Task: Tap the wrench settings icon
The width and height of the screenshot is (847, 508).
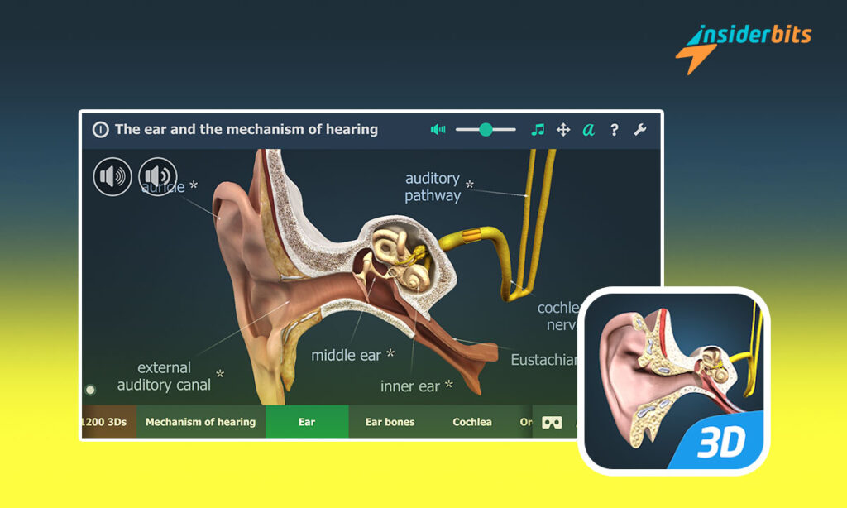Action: click(639, 129)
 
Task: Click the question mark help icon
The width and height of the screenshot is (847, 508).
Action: click(614, 129)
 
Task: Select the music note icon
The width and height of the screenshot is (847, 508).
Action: click(538, 129)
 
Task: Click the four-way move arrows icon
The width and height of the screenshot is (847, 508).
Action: click(563, 129)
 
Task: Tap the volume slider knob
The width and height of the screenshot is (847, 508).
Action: click(486, 129)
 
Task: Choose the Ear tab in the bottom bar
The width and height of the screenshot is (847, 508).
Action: click(307, 422)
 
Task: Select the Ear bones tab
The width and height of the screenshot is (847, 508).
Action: click(390, 422)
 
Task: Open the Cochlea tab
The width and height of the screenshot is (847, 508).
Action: click(472, 422)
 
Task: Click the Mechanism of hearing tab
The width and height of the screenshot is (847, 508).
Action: click(200, 422)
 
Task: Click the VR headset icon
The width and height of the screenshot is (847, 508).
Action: click(552, 422)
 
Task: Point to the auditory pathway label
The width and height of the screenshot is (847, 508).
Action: click(433, 187)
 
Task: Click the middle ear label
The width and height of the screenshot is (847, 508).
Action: click(346, 356)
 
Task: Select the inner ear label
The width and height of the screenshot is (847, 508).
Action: click(411, 386)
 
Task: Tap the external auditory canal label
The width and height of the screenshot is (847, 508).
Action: click(164, 376)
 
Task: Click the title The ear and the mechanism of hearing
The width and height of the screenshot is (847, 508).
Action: click(246, 129)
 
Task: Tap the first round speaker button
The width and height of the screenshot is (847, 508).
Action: click(112, 176)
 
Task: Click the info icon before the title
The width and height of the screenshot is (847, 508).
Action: click(100, 129)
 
